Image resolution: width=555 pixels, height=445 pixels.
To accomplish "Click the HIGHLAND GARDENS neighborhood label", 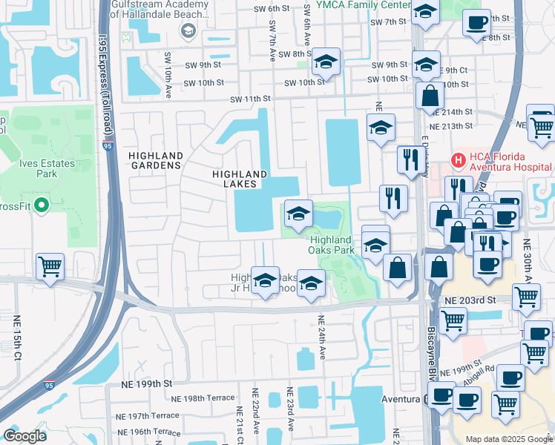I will click(x=155, y=160).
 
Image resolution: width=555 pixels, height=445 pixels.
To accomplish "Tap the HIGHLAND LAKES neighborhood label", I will click(x=239, y=178).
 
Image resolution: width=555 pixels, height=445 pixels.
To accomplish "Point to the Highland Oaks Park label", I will click(x=331, y=245).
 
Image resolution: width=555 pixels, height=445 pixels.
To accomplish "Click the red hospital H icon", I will click(x=459, y=158).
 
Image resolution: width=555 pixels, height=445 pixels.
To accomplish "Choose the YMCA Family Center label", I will click(x=363, y=5).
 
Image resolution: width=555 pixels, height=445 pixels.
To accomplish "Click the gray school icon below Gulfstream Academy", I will click(x=187, y=31).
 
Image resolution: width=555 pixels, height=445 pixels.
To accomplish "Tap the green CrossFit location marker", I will click(x=42, y=205).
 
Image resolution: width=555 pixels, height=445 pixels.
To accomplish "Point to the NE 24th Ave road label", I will click(x=321, y=338).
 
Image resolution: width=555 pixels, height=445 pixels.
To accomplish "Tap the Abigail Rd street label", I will click(x=480, y=372).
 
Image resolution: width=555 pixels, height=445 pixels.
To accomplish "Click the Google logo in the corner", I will click(x=25, y=436).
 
